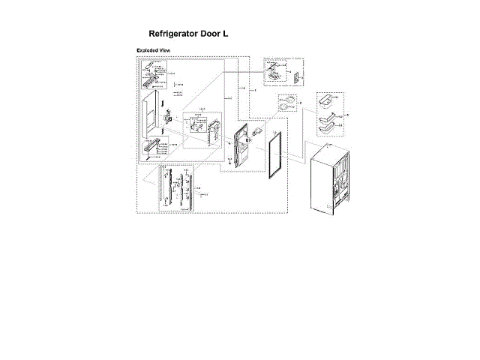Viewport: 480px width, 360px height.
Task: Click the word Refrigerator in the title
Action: coord(177,34)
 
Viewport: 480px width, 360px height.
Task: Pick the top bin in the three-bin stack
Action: coord(325,100)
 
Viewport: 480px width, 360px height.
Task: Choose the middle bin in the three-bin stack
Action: coord(327,115)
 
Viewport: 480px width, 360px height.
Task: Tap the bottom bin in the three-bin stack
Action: coord(327,128)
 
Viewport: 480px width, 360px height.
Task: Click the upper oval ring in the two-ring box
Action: coord(286,100)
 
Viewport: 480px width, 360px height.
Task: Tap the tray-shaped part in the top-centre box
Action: coord(274,73)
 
